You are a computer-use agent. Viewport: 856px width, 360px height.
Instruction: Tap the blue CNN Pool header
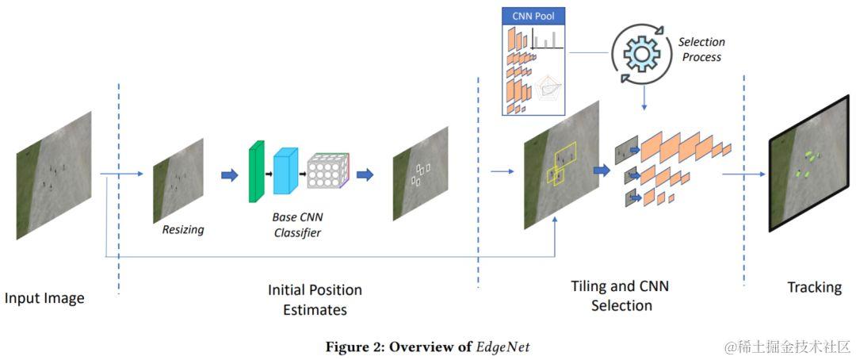point(534,15)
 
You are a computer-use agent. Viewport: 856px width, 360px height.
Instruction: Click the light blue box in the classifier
point(286,170)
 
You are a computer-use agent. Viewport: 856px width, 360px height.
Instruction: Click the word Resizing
point(183,229)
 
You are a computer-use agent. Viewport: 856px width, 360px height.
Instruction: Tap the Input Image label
point(44,298)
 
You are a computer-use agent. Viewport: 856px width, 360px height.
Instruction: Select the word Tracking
point(815,287)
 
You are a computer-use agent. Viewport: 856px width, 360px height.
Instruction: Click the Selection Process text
point(701,49)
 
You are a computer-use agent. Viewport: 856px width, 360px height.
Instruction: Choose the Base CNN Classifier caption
point(297,224)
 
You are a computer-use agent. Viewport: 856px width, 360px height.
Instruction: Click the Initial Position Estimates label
point(315,300)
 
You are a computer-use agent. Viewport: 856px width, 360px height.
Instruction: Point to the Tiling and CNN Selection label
point(620,295)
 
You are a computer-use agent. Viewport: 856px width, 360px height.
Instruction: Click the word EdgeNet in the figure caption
point(503,347)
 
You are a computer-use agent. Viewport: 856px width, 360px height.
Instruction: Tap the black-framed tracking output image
point(809,164)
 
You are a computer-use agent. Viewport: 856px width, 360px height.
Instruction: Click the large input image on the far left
point(54,174)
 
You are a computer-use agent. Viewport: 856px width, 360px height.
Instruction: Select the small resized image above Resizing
point(178,180)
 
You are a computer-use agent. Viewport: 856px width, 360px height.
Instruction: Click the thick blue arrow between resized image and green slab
point(230,174)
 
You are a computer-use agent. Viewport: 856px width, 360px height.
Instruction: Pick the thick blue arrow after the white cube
point(365,174)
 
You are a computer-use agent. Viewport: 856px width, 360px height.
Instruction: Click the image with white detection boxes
point(420,173)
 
